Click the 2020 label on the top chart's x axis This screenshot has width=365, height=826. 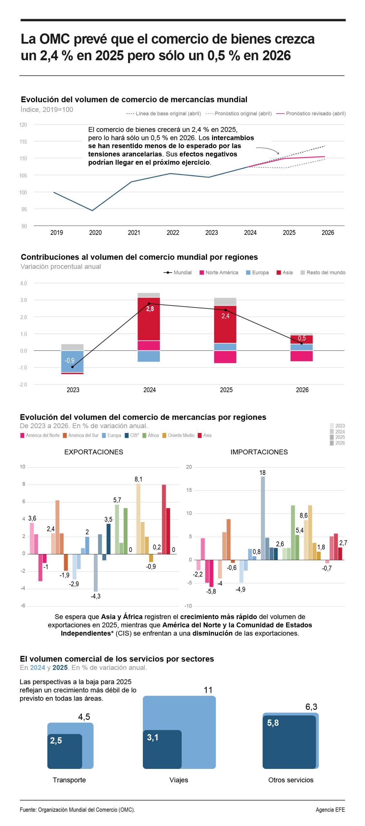click(x=95, y=232)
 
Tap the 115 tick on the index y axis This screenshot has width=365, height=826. click(x=23, y=141)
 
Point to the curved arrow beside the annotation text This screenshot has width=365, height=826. click(x=268, y=150)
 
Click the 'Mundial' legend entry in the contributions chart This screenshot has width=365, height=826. click(x=178, y=272)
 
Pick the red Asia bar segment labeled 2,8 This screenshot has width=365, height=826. click(x=149, y=319)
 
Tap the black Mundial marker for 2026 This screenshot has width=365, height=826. click(x=301, y=343)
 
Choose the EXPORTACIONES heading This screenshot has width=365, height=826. click(x=94, y=452)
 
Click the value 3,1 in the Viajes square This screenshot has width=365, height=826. click(x=153, y=737)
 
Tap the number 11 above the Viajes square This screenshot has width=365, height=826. click(x=208, y=690)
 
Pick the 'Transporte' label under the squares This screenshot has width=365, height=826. click(x=69, y=780)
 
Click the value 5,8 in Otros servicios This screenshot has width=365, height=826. click(x=273, y=723)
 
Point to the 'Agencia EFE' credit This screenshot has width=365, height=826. click(x=330, y=809)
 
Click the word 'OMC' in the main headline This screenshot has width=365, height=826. click(x=54, y=39)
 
